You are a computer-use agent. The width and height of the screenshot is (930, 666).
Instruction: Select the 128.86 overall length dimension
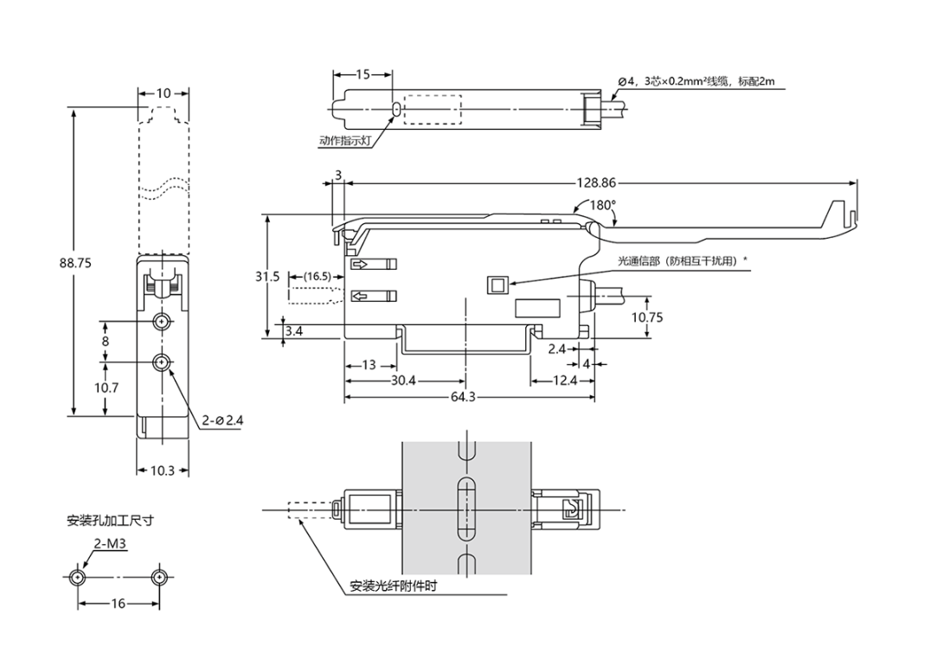pos(596,183)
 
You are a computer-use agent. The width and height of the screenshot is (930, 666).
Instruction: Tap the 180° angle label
pos(602,206)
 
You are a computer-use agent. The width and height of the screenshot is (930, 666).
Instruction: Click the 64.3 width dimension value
pos(469,397)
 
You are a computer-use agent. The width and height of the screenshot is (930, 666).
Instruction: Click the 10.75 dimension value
pos(646,317)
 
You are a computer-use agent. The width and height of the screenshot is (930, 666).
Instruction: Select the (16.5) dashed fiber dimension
pos(317,277)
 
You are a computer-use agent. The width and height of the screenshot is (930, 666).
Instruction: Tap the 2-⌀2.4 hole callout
pos(223,420)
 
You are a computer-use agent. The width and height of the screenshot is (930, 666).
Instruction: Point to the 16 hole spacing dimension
pos(118,604)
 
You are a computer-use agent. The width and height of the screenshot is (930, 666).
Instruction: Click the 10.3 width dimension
pos(162,471)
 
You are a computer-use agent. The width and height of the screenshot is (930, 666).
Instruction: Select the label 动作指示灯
pos(345,138)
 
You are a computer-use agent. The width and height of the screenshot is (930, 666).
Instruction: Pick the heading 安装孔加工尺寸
pos(111,521)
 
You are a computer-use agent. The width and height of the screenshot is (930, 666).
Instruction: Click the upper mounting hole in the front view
pos(162,323)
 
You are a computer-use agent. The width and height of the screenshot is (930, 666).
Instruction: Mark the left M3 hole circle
pos(79,577)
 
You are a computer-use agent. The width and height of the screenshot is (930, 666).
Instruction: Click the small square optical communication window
pos(497,285)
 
